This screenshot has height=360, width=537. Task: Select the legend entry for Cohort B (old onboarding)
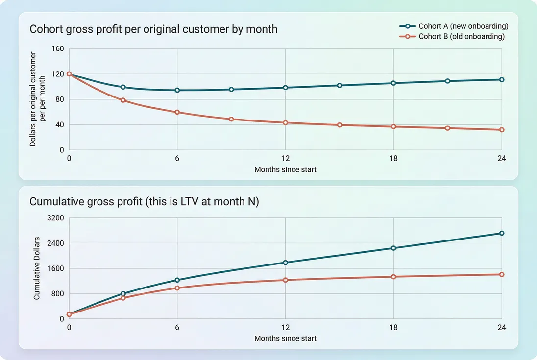pyautogui.click(x=461, y=36)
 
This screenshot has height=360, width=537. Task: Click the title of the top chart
pyautogui.click(x=153, y=29)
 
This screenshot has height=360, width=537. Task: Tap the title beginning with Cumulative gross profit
pyautogui.click(x=144, y=201)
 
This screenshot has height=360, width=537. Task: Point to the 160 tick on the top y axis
pyautogui.click(x=58, y=48)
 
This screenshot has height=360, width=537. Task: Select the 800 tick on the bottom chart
pyautogui.click(x=58, y=293)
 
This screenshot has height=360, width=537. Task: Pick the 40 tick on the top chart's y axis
pyautogui.click(x=60, y=124)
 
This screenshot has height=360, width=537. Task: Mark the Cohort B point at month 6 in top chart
pyautogui.click(x=177, y=112)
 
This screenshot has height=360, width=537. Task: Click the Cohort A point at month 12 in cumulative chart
pyautogui.click(x=285, y=263)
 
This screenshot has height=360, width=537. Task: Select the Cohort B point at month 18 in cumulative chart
pyautogui.click(x=393, y=277)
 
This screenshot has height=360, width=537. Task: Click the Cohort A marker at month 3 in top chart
pyautogui.click(x=123, y=87)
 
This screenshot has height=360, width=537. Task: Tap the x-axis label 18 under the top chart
pyautogui.click(x=393, y=159)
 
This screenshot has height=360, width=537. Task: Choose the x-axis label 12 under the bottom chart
pyautogui.click(x=285, y=328)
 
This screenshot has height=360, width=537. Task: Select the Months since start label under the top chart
pyautogui.click(x=285, y=169)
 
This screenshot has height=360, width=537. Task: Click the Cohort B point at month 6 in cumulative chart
pyautogui.click(x=177, y=288)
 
